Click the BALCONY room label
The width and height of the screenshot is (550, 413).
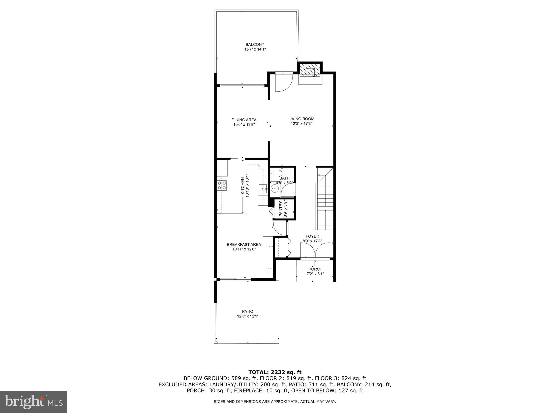[x=255, y=44]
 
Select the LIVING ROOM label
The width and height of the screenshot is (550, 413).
[x=301, y=119]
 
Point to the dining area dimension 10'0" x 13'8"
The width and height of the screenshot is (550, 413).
[x=244, y=124]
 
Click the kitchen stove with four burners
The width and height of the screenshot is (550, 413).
[x=222, y=186]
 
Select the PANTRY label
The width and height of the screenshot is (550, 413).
[x=281, y=209]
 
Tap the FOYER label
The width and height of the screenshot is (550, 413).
[x=312, y=236]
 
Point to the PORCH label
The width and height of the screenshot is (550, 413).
[x=315, y=269]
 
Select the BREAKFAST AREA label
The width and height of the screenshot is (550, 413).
[x=244, y=244]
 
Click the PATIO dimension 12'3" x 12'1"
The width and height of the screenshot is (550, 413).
[x=248, y=316]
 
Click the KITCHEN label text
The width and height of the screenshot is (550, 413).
[x=243, y=186]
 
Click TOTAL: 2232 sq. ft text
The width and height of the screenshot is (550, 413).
[x=275, y=372]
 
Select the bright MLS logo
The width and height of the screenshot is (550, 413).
[x=33, y=402]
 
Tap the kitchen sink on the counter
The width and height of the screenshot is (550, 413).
[x=263, y=189]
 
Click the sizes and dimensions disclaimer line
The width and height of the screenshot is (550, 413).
[x=275, y=402]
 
